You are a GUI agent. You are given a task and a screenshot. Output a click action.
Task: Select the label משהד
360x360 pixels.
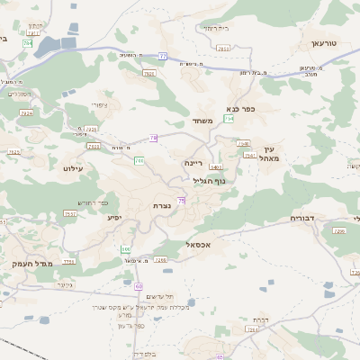[x=201, y=121]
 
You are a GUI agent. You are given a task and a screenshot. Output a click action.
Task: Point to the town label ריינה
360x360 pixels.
[x=193, y=163]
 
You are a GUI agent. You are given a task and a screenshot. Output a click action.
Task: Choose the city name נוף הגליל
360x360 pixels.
[x=209, y=180]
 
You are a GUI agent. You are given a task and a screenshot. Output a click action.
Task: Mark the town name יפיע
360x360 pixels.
[x=114, y=217]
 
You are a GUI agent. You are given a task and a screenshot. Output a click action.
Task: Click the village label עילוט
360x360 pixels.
[x=73, y=168]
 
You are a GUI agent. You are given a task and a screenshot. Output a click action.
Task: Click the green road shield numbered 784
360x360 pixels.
[x=29, y=42]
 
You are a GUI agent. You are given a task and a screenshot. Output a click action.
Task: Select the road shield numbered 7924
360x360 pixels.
[x=26, y=113]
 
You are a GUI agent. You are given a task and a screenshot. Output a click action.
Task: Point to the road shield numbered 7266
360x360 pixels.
[x=161, y=259]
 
